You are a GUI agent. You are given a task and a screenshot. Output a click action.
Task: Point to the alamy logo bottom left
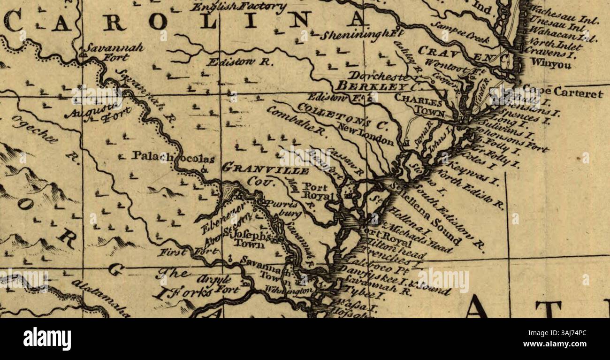47,338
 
